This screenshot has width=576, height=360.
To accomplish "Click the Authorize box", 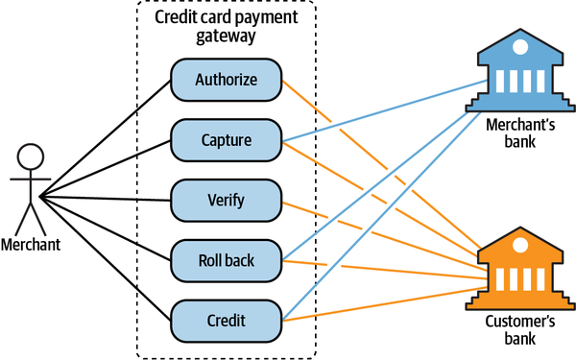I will pos(226,80).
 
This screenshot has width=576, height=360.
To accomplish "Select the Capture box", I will pos(226,140).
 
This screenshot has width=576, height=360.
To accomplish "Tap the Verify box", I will pos(226,201).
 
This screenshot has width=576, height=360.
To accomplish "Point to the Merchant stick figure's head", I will pos(32,156).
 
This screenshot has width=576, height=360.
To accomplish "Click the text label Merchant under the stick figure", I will pos(31,245).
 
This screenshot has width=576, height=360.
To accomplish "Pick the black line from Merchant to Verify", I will pos(106,199).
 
